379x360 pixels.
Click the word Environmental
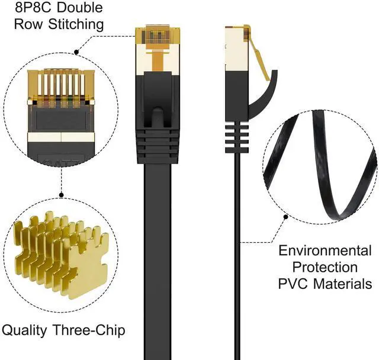pyautogui.click(x=325, y=250)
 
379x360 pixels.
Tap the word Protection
pyautogui.click(x=325, y=267)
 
